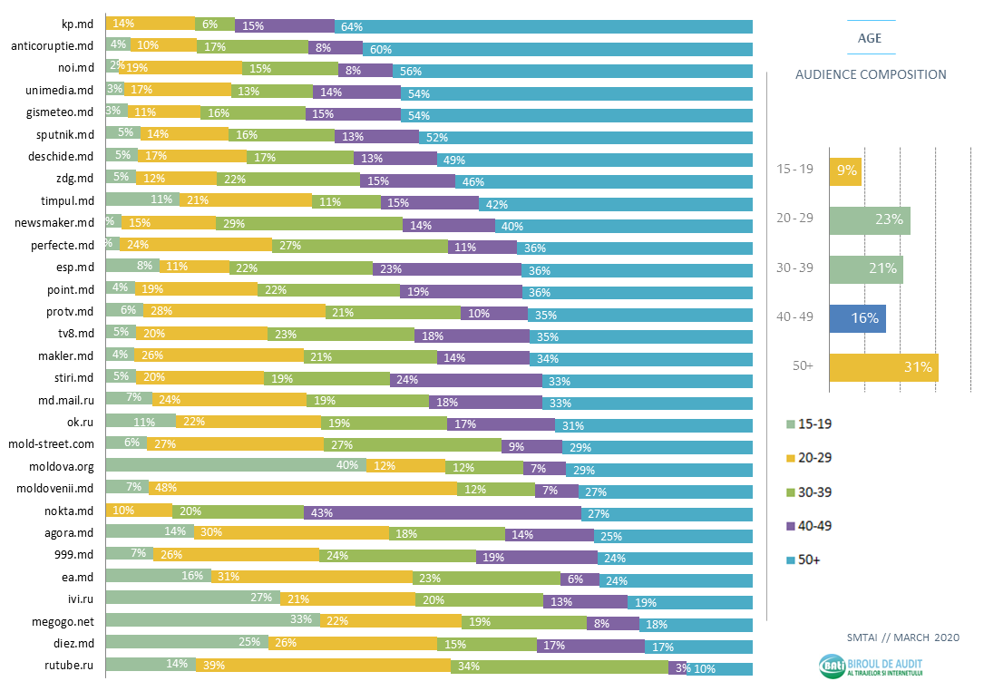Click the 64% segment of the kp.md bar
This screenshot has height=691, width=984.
(x=543, y=26)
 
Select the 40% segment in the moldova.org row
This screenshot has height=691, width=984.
(x=236, y=466)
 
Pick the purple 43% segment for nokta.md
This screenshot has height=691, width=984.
(x=443, y=512)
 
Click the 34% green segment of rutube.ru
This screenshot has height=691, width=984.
(x=560, y=667)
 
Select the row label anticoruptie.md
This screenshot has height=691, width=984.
(x=52, y=46)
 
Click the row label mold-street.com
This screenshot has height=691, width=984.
(x=51, y=444)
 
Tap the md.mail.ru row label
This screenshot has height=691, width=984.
(x=62, y=400)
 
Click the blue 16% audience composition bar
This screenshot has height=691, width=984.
(x=857, y=318)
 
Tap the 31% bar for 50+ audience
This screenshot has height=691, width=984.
(x=883, y=367)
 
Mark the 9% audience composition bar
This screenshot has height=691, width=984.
(x=845, y=170)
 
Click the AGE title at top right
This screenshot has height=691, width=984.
(x=870, y=38)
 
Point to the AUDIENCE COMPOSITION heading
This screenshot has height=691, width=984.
(x=871, y=75)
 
